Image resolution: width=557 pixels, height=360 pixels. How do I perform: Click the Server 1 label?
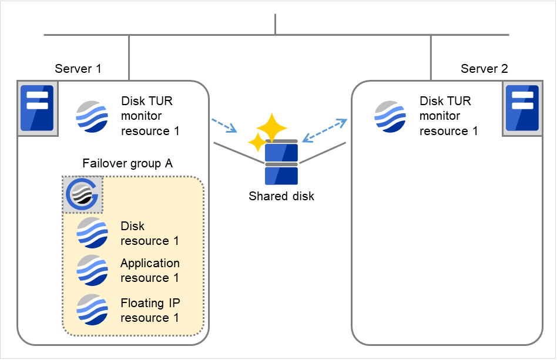point(78,69)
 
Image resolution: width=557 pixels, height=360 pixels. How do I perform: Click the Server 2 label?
point(484,69)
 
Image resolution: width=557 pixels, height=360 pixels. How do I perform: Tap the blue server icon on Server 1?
point(36,108)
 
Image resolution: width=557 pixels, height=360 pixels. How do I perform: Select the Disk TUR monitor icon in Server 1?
point(92,116)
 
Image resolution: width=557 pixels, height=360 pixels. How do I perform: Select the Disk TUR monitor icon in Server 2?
point(391,116)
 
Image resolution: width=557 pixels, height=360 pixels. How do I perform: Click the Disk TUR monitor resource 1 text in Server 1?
point(150,116)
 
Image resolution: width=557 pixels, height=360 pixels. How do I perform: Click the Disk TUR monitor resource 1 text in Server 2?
point(448,116)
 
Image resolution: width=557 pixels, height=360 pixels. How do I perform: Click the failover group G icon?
point(83,194)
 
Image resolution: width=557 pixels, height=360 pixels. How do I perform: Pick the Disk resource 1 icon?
point(92,233)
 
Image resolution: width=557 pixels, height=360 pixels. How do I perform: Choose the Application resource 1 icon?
point(92,270)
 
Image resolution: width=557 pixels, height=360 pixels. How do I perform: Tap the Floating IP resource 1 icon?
point(92,310)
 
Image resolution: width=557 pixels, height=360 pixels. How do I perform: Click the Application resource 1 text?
point(150,270)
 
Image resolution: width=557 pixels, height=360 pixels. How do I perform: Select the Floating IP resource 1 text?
point(150,310)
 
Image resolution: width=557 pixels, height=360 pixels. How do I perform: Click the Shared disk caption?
point(281,196)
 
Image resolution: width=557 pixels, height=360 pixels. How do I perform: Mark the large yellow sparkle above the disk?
point(272,126)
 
